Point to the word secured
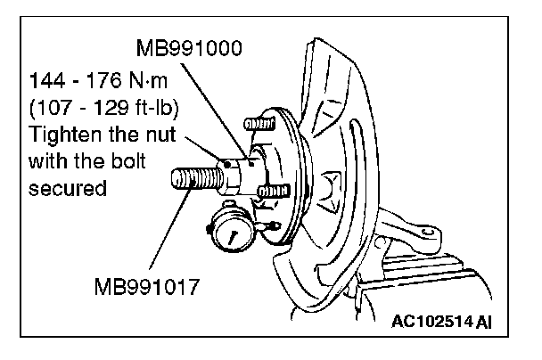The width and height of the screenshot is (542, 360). [x=62, y=188]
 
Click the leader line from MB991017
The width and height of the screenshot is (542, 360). [x=169, y=232]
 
